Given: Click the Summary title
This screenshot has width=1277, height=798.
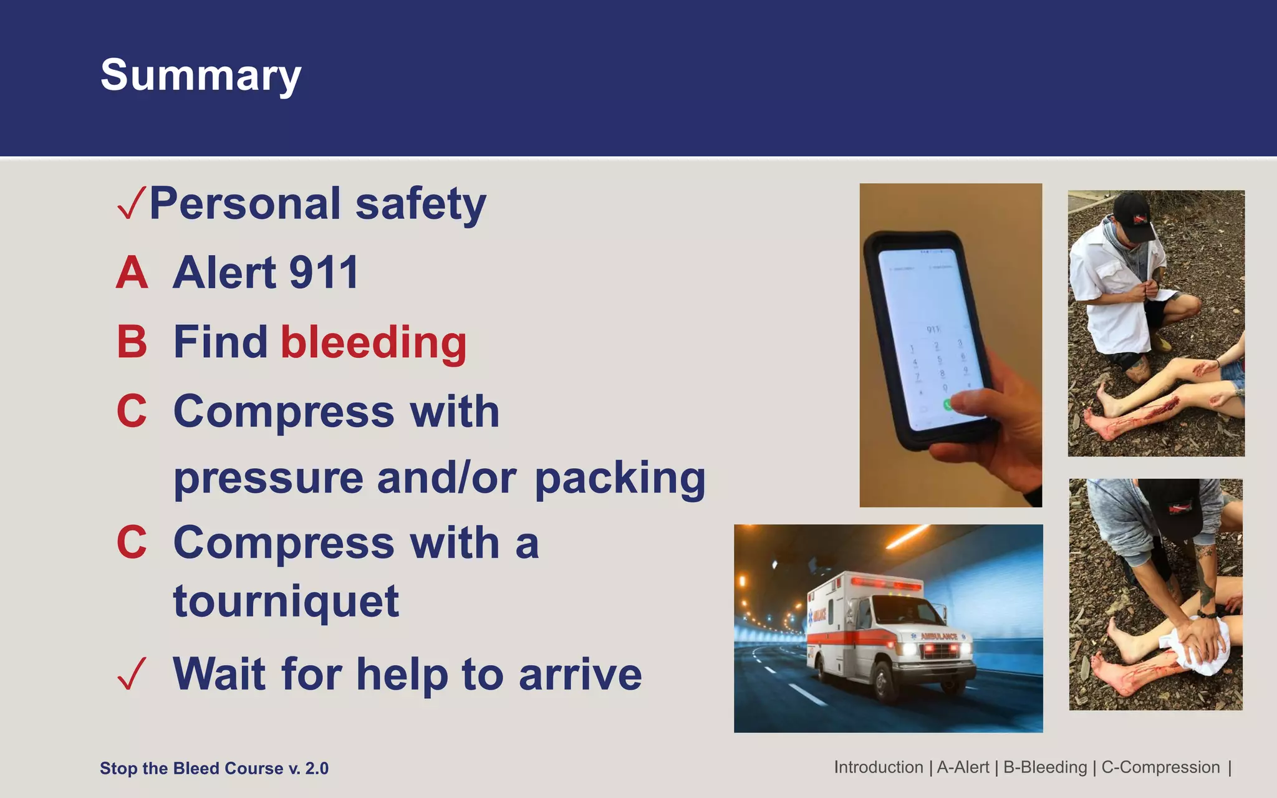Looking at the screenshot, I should (x=201, y=75).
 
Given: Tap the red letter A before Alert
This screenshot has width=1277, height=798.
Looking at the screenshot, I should (x=132, y=273).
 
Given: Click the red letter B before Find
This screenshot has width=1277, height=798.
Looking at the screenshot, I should (x=132, y=342).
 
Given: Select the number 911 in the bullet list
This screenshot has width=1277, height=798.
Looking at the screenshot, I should (x=324, y=273).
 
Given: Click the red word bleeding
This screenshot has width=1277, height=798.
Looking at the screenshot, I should (x=373, y=342).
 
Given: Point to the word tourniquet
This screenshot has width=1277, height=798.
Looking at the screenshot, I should (x=286, y=602).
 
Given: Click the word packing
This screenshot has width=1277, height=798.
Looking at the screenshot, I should (x=620, y=478).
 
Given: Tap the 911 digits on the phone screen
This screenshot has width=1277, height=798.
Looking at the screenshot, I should (x=933, y=329).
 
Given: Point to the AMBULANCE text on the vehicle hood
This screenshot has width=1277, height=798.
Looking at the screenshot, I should (x=939, y=637).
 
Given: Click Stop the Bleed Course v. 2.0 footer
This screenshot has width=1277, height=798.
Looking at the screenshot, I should (x=214, y=768).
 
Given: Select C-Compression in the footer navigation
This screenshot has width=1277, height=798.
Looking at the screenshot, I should (x=1160, y=767).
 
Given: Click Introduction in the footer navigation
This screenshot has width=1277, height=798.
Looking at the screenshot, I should (x=878, y=767).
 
